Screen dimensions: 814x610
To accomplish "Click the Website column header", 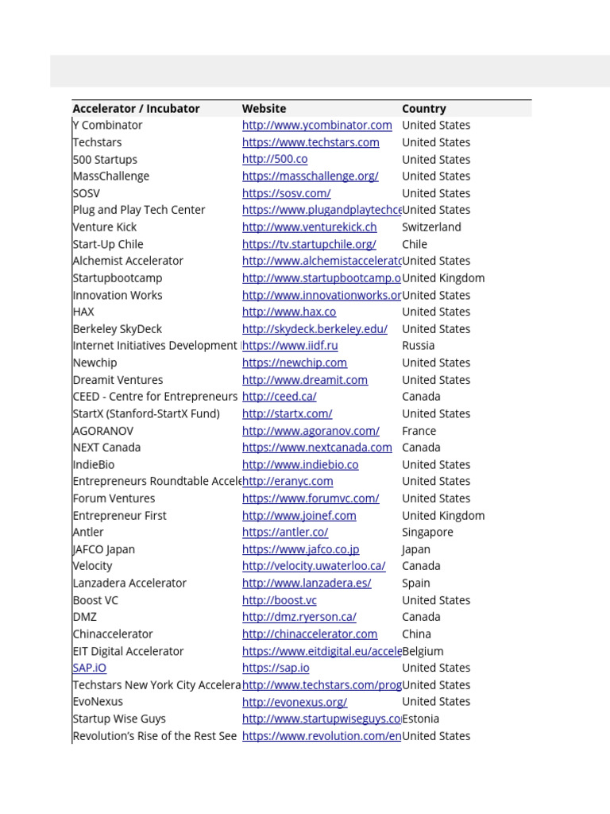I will tap(264, 109).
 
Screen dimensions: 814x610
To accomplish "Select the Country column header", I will tap(424, 109).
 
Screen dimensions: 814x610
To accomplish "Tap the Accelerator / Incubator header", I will tap(136, 109).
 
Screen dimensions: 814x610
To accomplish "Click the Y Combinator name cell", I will tap(108, 126).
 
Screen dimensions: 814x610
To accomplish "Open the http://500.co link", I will tap(275, 160).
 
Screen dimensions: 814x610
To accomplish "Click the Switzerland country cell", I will tap(431, 227).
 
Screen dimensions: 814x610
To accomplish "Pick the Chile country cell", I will tap(415, 244).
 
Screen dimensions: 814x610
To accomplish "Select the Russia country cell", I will tap(419, 346).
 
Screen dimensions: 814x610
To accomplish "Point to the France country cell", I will tap(419, 431).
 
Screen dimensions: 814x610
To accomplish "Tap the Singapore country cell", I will tap(427, 533).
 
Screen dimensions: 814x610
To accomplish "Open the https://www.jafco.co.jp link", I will tap(300, 549).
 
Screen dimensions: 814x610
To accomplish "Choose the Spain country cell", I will tap(417, 583).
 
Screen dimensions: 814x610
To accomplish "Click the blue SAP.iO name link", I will tap(89, 669).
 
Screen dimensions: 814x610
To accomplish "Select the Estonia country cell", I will tap(421, 719).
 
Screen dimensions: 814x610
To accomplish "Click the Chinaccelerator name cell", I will tap(113, 634).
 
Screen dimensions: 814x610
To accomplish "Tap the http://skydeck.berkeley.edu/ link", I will tap(315, 329).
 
